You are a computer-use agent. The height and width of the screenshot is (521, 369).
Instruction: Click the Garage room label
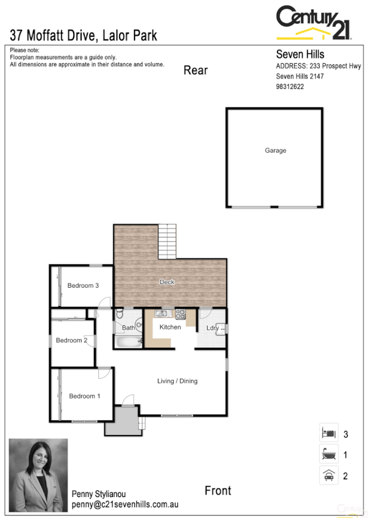pyautogui.click(x=275, y=150)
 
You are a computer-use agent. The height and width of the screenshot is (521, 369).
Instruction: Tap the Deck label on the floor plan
pyautogui.click(x=167, y=282)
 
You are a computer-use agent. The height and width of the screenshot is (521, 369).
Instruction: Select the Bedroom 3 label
pyautogui.click(x=83, y=285)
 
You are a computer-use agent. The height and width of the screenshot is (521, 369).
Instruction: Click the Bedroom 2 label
pyautogui.click(x=71, y=341)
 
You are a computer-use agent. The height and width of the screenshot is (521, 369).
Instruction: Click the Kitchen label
pyautogui.click(x=170, y=327)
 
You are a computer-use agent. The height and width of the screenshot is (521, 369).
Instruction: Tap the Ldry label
pyautogui.click(x=212, y=328)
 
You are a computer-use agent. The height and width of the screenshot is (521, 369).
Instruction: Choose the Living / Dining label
pyautogui.click(x=177, y=381)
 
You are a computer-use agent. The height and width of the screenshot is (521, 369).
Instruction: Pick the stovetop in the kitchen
pyautogui.click(x=181, y=314)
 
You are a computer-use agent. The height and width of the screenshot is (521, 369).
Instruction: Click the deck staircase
pyautogui.click(x=167, y=242)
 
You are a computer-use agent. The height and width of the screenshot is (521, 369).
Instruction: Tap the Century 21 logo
pyautogui.click(x=314, y=23)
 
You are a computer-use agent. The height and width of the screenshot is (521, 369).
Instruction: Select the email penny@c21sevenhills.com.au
pyautogui.click(x=125, y=504)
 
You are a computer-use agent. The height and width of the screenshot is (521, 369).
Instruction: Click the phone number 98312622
pyautogui.click(x=290, y=87)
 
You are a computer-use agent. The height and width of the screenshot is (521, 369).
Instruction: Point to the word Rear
pyautogui.click(x=196, y=71)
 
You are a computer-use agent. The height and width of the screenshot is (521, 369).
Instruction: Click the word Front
pyautogui.click(x=218, y=490)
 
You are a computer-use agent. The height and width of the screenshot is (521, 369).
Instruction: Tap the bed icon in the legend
pyautogui.click(x=328, y=433)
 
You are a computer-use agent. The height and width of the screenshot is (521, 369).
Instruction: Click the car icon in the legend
pyautogui.click(x=328, y=475)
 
